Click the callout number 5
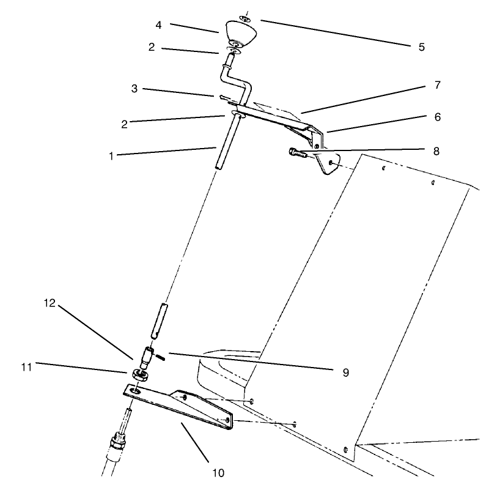(422, 46)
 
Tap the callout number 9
(346, 371)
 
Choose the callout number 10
(218, 472)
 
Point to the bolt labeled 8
(296, 152)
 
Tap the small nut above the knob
(244, 20)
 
